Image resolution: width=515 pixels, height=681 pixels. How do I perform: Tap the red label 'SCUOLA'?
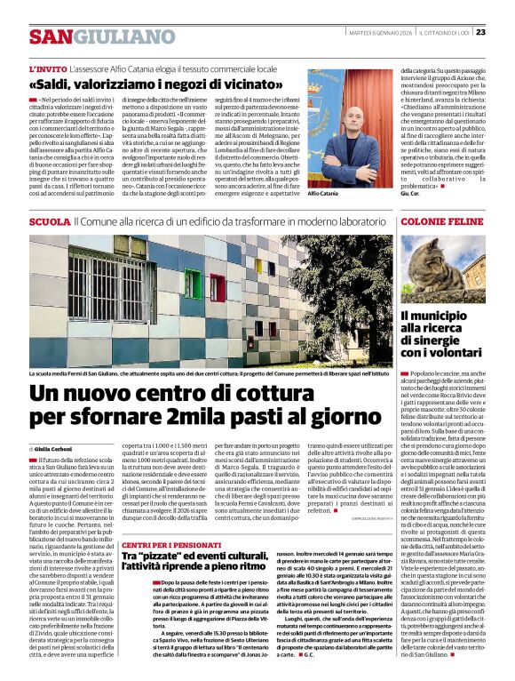pos(50,220)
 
